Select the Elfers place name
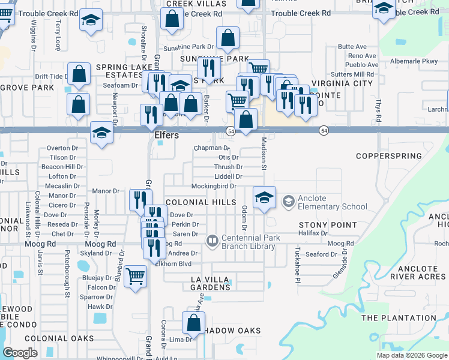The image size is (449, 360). click(167, 136)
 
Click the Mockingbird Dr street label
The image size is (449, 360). click(214, 187)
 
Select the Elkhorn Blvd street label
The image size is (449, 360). click(173, 263)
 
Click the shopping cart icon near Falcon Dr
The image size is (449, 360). click(136, 277)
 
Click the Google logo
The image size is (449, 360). click(20, 353)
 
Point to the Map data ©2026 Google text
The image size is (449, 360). click(411, 355)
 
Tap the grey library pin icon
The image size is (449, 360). click(211, 242)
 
